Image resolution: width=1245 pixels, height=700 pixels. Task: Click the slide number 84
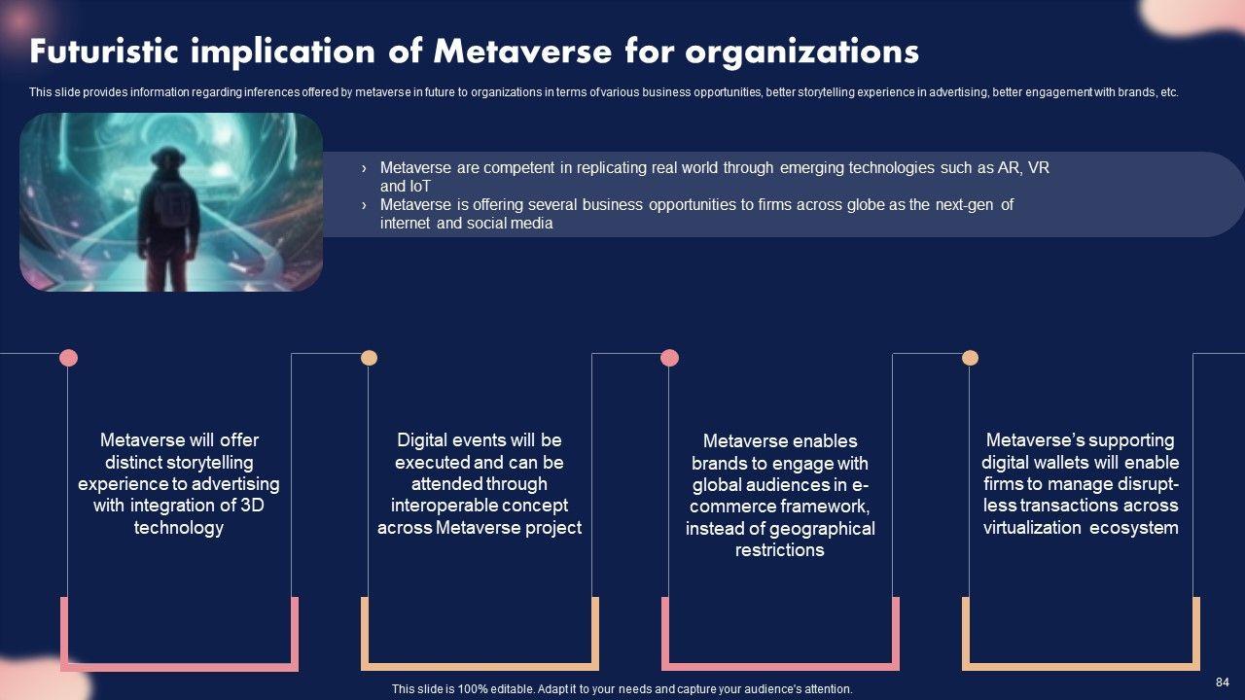pos(1223,682)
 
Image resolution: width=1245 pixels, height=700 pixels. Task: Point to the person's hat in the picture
pos(167,157)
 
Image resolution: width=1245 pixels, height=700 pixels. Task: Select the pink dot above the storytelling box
pos(68,358)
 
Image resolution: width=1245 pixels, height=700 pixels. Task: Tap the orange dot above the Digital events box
pos(369,358)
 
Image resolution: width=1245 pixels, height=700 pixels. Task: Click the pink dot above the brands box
pos(669,358)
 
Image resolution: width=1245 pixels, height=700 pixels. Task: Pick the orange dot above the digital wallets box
pos(970,358)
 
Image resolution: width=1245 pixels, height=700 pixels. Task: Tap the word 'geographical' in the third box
pos(822,529)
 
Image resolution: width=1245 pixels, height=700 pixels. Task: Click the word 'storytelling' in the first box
pos(206,462)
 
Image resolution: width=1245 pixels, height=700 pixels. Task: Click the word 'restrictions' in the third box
pos(779,550)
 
